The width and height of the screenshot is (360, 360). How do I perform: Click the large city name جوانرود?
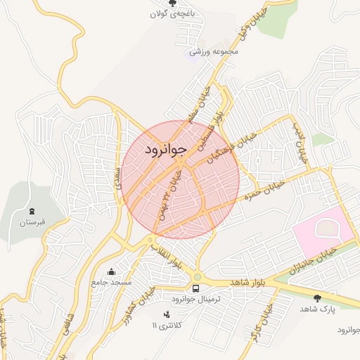pyautogui.click(x=167, y=150)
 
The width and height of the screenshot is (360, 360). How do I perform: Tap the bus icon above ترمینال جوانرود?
pyautogui.click(x=195, y=288)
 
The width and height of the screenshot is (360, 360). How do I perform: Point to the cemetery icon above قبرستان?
pyautogui.click(x=32, y=211)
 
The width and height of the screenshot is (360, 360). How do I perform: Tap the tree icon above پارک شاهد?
pyautogui.click(x=319, y=298)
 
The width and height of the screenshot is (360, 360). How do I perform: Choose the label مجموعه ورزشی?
pyautogui.click(x=215, y=51)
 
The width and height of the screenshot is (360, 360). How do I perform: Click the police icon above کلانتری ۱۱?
pyautogui.click(x=166, y=315)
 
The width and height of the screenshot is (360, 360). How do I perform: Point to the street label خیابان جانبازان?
pyautogui.click(x=314, y=259)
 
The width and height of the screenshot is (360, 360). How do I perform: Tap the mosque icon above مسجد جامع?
pyautogui.click(x=111, y=272)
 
